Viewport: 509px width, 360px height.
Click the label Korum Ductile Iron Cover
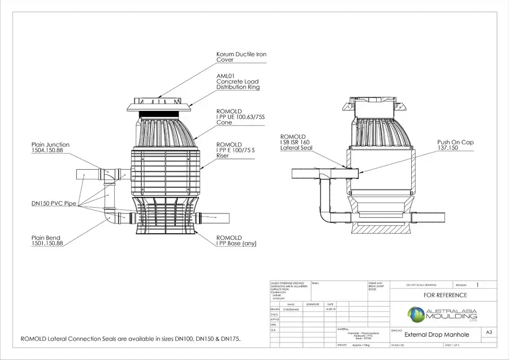[x=241, y=57]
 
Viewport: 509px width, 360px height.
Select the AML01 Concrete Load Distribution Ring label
[x=238, y=82]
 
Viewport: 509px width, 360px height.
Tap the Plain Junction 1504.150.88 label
[x=50, y=148]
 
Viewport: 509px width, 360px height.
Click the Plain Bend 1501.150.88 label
[x=47, y=241]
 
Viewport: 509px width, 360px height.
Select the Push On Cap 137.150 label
[x=455, y=145]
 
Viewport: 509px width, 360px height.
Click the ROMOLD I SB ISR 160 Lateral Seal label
[x=296, y=142]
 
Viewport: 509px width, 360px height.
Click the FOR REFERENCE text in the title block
[x=446, y=295]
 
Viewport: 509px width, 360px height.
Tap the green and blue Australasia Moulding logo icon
[x=417, y=314]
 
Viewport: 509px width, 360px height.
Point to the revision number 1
[x=477, y=285]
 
